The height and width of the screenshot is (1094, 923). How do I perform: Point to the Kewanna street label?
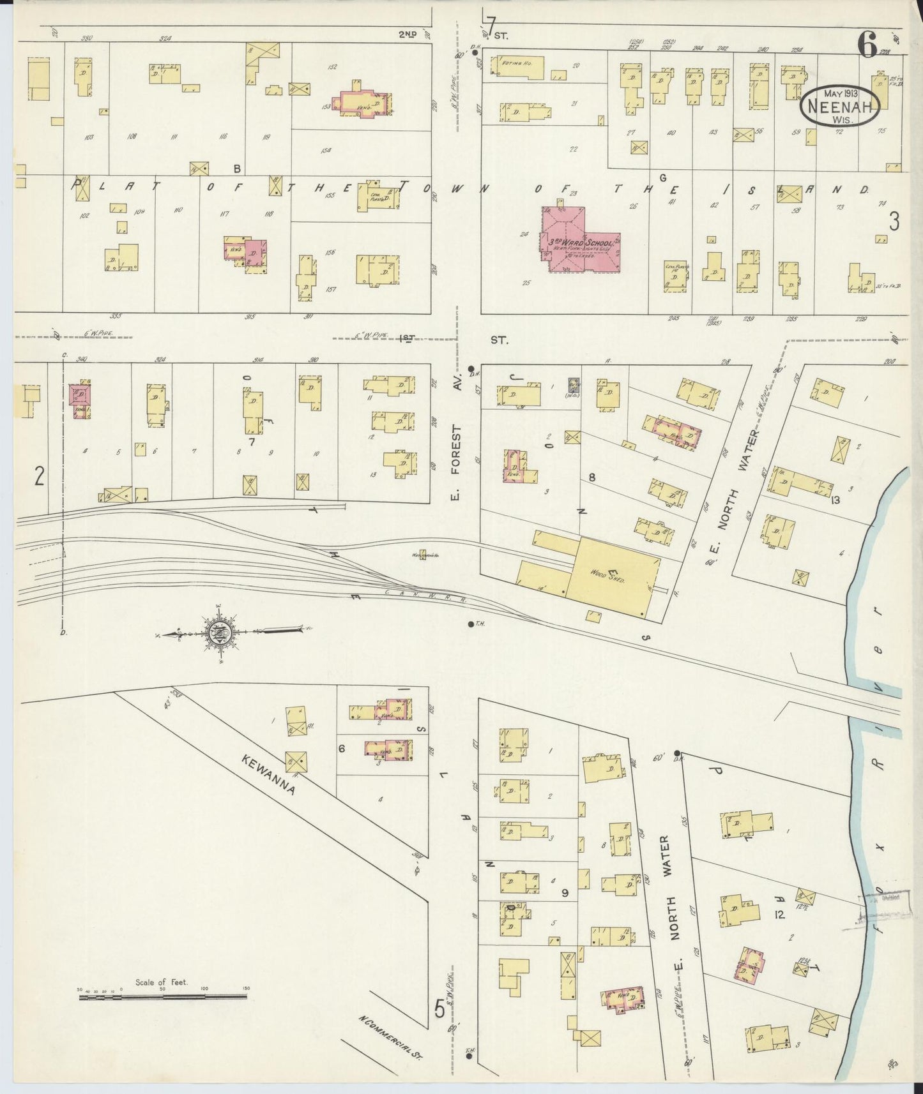point(269,774)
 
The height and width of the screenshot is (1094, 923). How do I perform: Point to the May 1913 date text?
point(841,93)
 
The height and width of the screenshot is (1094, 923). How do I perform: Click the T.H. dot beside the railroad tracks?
point(471,624)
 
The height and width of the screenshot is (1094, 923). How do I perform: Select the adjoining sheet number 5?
point(439,1009)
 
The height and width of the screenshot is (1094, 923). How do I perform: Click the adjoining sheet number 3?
point(894,221)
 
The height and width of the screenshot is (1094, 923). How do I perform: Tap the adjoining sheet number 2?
point(40,476)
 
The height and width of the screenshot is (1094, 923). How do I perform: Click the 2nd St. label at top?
point(408,34)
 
